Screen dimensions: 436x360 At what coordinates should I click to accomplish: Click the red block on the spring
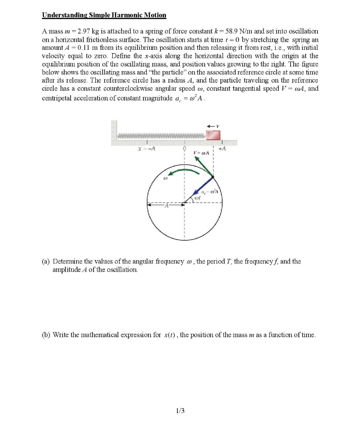(213, 135)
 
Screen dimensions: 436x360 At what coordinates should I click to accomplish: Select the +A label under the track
(221, 149)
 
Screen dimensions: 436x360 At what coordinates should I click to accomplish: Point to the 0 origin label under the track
(184, 149)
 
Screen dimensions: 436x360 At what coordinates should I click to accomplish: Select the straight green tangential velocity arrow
(203, 166)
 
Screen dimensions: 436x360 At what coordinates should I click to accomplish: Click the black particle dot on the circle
(213, 177)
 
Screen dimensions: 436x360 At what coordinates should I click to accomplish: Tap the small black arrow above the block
(211, 126)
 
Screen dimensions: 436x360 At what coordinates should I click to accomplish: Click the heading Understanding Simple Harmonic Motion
(104, 15)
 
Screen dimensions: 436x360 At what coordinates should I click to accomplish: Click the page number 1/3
(180, 410)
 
